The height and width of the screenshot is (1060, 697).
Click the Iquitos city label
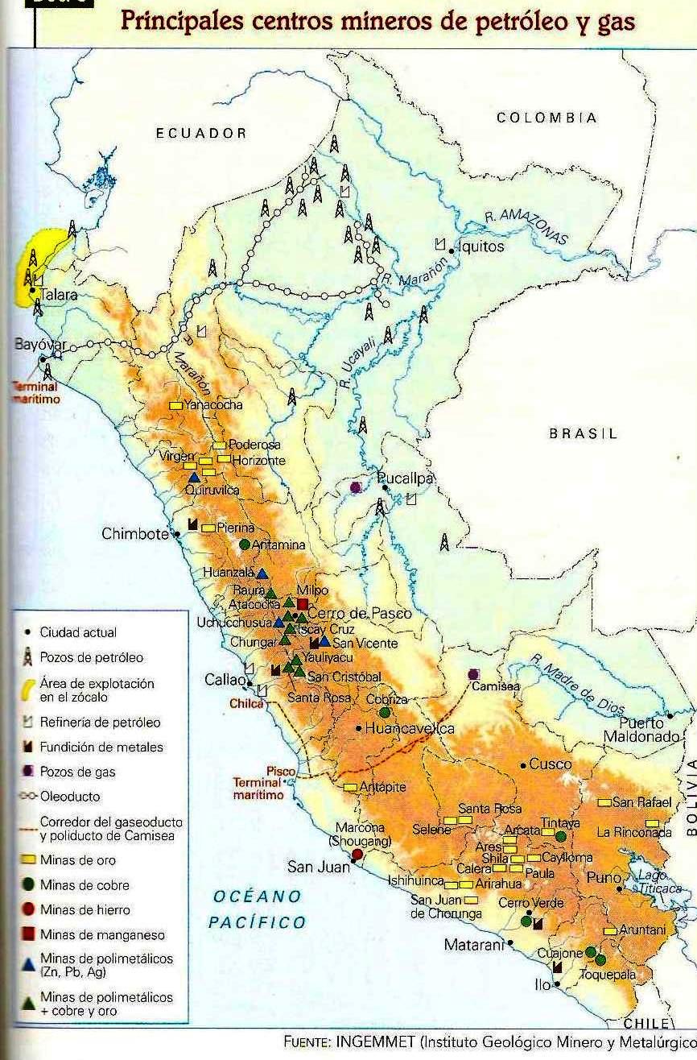point(481,246)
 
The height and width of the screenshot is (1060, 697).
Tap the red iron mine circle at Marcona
point(357,855)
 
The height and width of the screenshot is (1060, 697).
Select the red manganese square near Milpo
point(303,604)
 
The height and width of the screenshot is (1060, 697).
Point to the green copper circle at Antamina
point(245,544)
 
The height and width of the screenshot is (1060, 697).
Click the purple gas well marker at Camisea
point(473,674)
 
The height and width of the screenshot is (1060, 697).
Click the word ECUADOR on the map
point(201,134)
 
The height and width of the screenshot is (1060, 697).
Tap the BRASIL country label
point(583,434)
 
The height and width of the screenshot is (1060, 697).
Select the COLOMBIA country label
point(546,118)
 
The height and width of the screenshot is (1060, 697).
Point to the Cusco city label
point(551,764)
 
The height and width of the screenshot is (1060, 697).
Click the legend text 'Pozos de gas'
point(77,772)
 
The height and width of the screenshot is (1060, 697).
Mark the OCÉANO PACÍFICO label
point(258,909)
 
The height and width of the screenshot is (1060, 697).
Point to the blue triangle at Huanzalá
point(262,573)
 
